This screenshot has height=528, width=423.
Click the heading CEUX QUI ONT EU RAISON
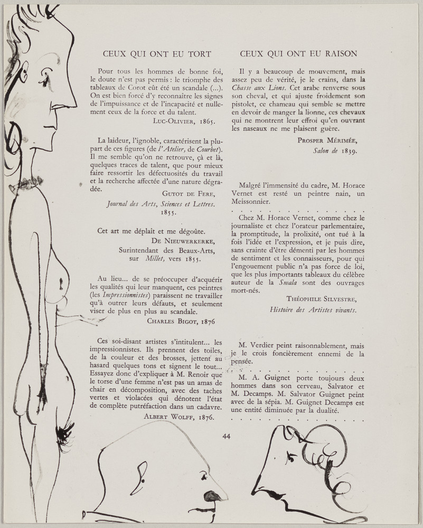point(298,54)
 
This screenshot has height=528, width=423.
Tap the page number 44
point(227,436)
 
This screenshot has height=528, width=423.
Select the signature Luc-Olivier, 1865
point(184,120)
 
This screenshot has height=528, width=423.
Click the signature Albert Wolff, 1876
point(179,416)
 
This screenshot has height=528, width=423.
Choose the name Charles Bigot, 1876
point(181,320)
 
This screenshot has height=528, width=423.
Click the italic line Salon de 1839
point(335,150)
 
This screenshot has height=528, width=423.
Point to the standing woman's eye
point(47,78)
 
